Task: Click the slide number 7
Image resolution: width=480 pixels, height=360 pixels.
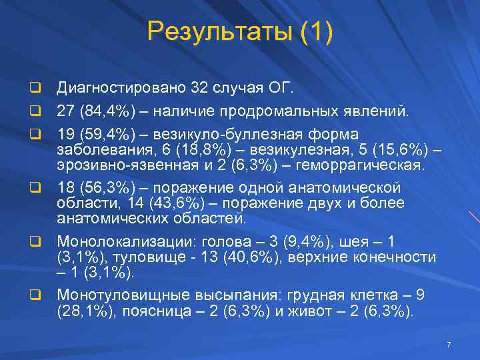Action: [x=449, y=345]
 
